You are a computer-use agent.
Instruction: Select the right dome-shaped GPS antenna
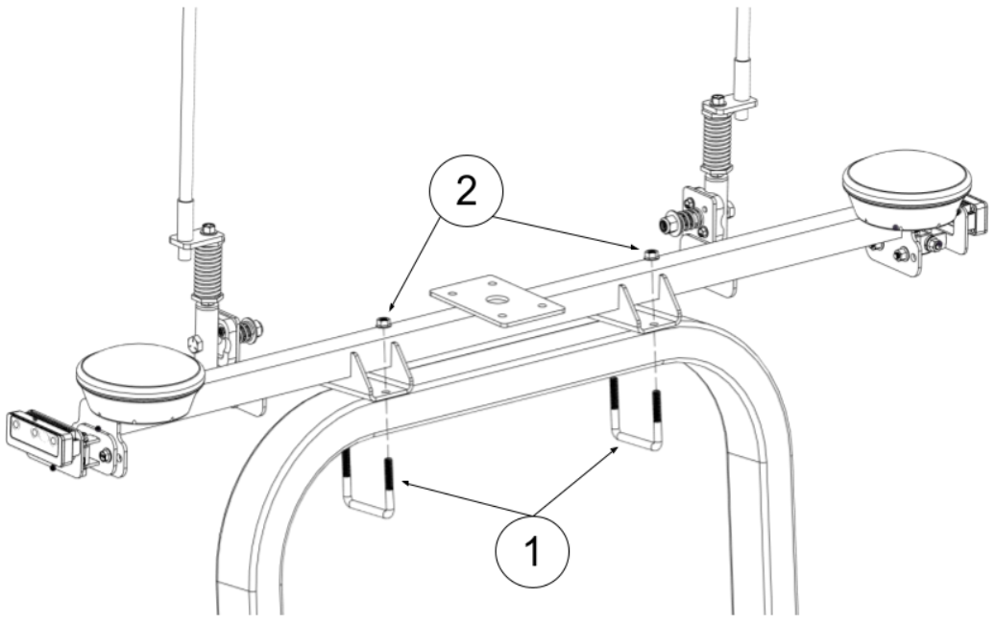click(907, 181)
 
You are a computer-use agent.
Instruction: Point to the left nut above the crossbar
click(383, 322)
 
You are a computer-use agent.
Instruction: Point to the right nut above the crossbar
click(650, 254)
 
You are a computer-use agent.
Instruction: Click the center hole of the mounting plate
click(498, 300)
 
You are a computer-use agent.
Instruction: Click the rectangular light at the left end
click(37, 436)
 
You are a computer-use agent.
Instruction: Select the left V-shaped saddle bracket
click(380, 375)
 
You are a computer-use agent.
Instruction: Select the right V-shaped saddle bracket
click(650, 308)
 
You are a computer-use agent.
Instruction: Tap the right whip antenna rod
click(741, 43)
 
